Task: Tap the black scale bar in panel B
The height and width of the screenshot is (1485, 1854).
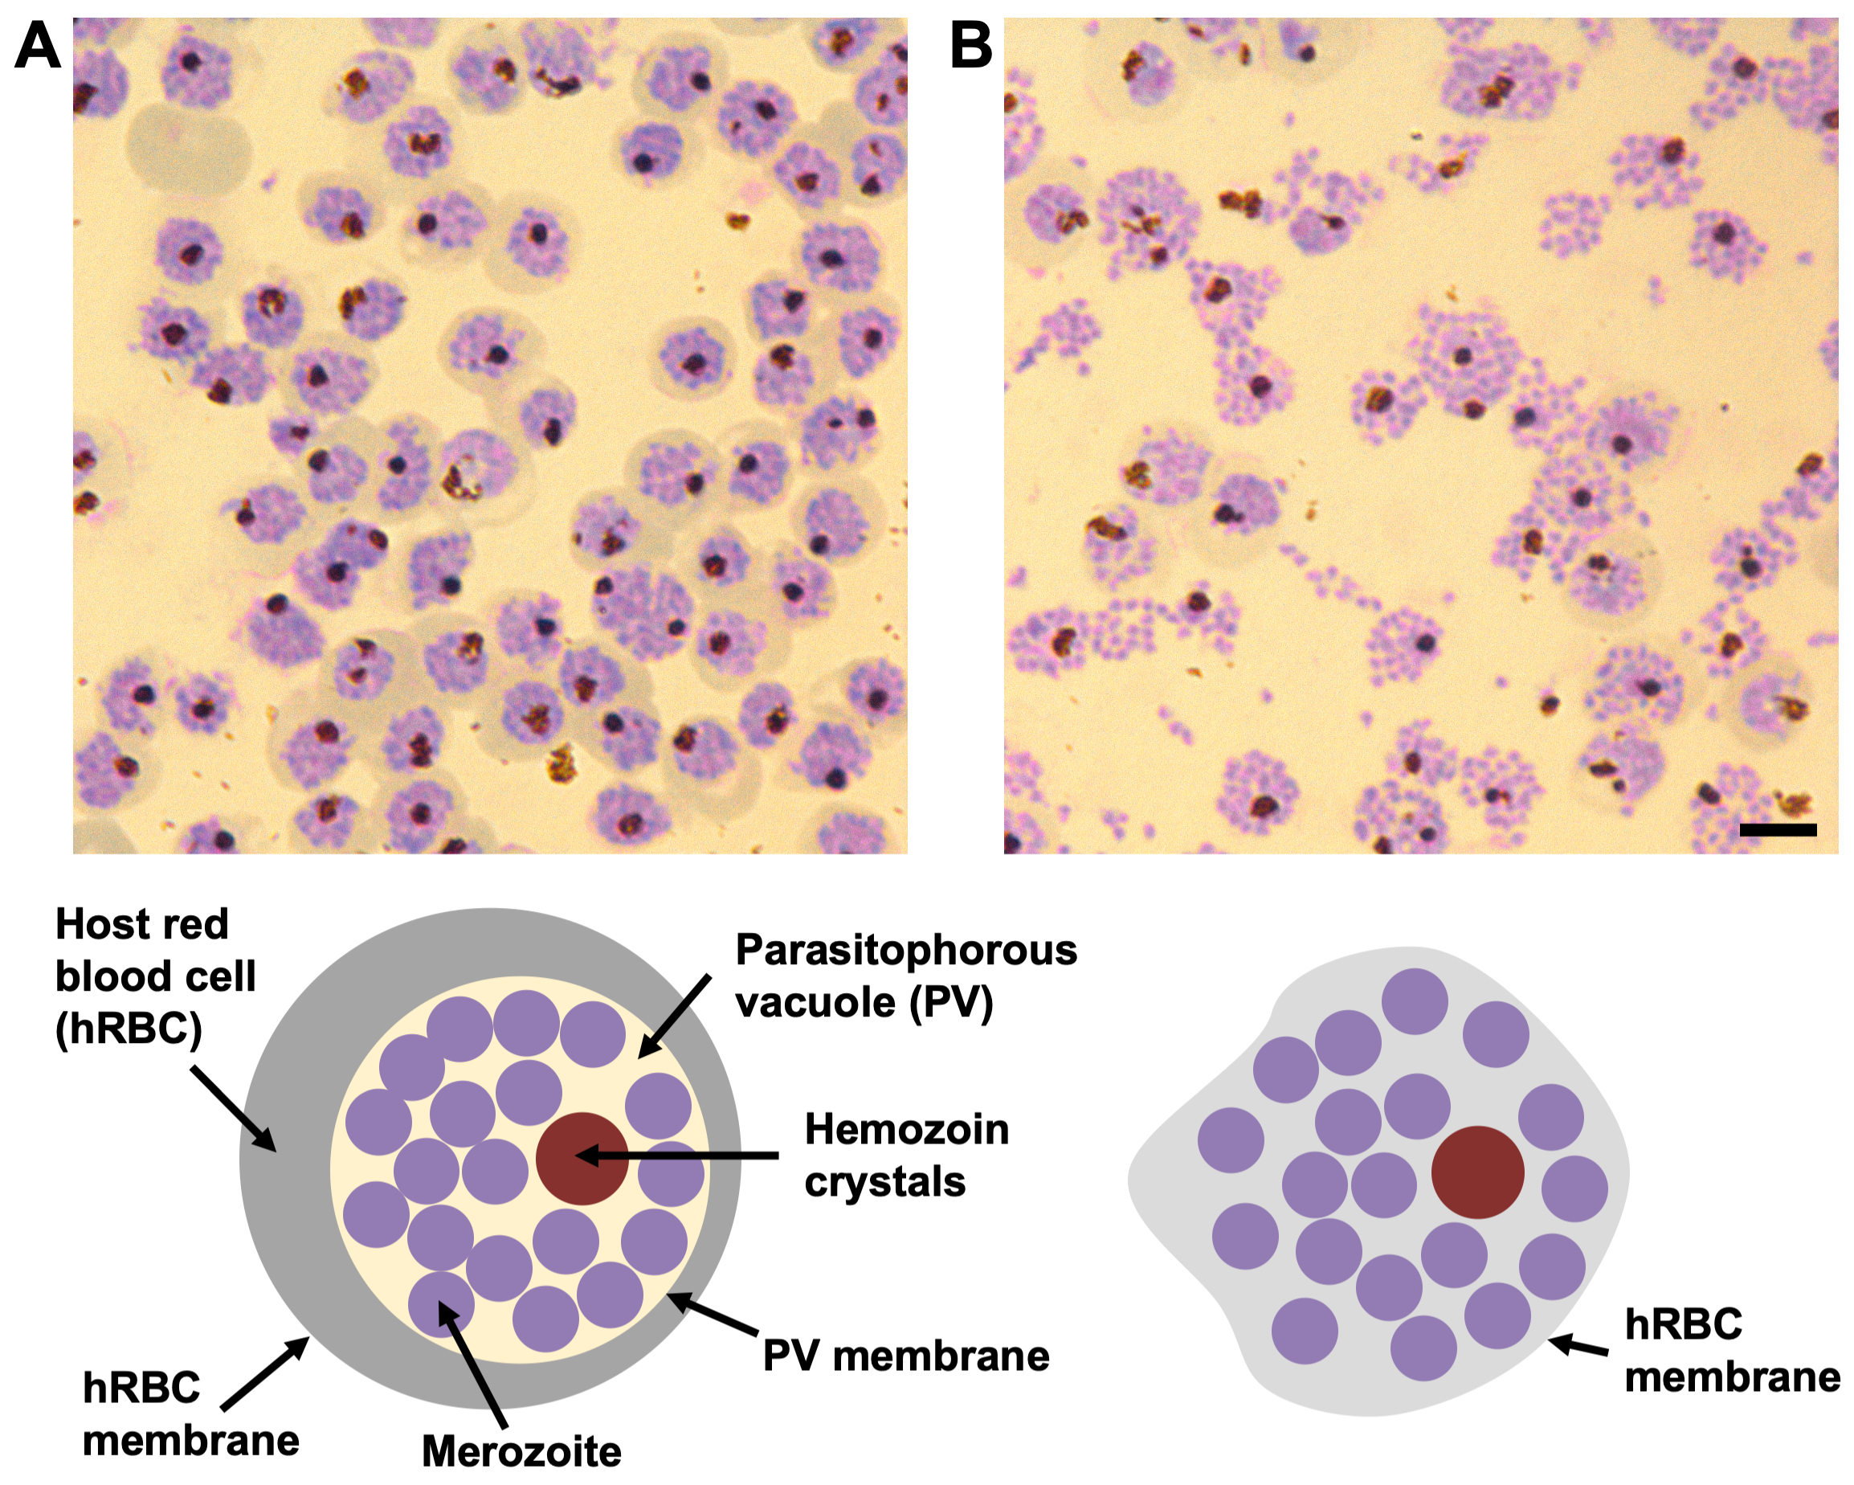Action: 1778,829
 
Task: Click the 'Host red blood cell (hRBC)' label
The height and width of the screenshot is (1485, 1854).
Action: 155,976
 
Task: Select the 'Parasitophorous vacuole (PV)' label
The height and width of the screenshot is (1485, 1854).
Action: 905,976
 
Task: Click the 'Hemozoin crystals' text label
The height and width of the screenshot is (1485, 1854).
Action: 906,1155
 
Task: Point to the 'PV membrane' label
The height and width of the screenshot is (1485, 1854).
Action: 905,1356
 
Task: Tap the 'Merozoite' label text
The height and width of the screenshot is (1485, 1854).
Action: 521,1451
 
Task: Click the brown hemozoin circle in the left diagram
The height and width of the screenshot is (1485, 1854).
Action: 582,1158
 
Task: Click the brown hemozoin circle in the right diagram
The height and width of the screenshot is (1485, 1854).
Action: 1477,1172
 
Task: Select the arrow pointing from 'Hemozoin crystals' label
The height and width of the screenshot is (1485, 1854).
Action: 680,1156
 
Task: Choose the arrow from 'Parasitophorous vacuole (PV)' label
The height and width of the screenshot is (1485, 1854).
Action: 674,1015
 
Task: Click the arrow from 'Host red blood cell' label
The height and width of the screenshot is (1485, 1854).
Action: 232,1108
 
